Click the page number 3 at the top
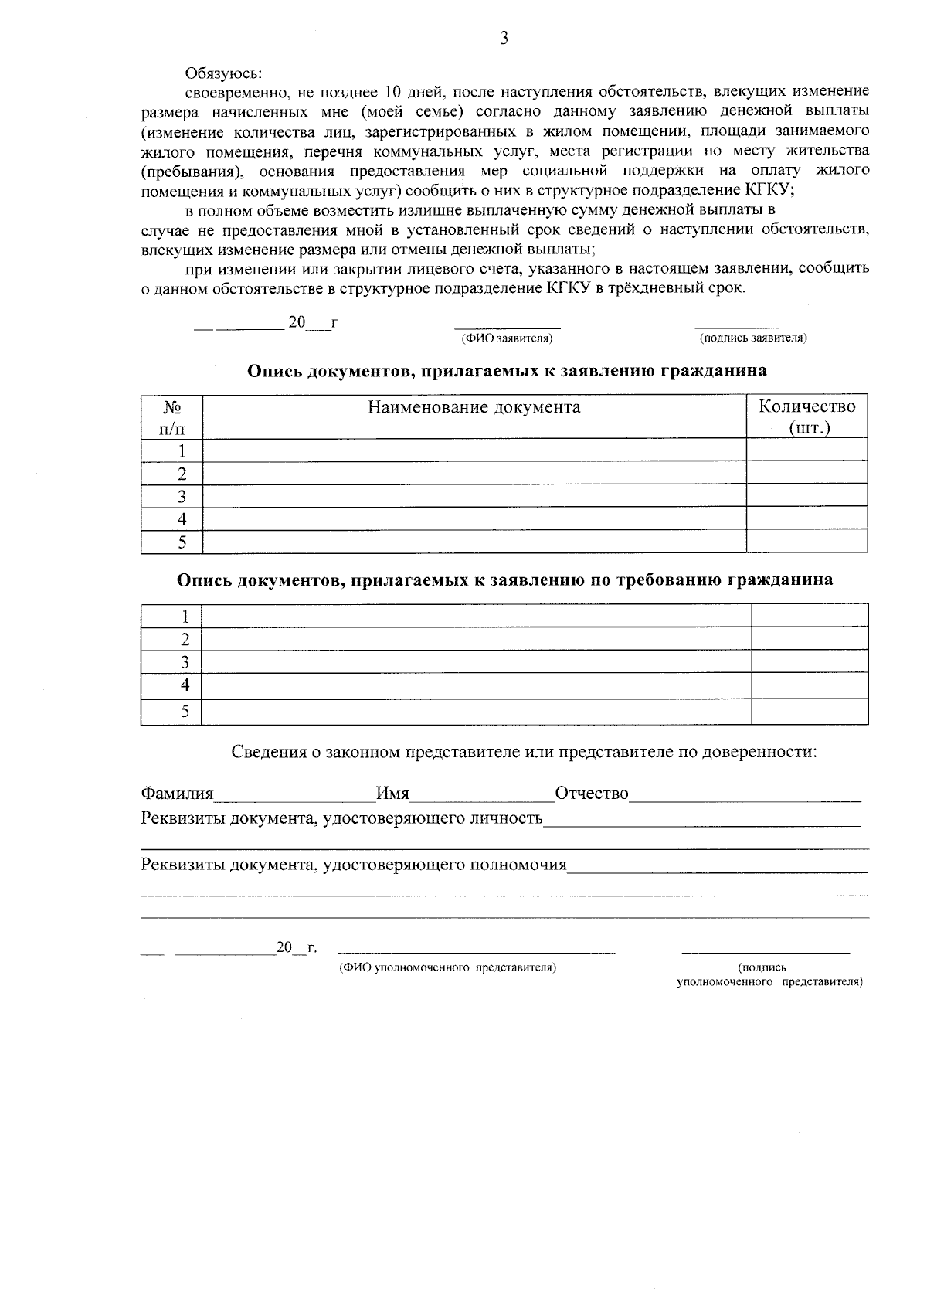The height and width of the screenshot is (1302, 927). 504,39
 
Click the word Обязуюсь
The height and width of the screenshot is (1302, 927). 223,73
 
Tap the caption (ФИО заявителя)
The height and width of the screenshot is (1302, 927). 507,338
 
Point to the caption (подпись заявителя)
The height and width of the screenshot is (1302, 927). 753,338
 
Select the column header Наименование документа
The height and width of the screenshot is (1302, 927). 474,407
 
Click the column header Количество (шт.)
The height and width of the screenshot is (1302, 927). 807,417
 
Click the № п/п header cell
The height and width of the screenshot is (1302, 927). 172,417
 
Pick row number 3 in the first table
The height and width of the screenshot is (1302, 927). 182,496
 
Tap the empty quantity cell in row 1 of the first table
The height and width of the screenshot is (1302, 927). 806,450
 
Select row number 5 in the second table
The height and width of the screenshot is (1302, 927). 185,712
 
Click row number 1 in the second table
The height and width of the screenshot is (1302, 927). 185,616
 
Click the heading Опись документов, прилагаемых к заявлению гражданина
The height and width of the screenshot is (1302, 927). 507,371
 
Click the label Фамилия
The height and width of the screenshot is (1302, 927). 177,794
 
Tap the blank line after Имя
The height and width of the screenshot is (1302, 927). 480,796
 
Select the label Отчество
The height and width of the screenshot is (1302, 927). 592,794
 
